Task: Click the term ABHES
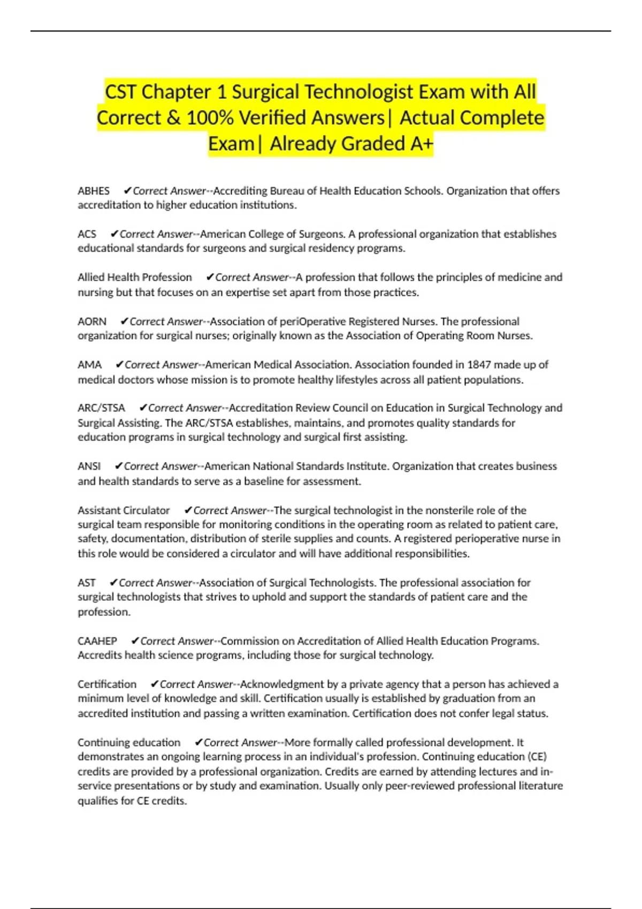[94, 191]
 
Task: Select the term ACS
[87, 234]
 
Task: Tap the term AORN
[92, 321]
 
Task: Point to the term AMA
[89, 365]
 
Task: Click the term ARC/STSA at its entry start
[101, 408]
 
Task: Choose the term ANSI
[89, 466]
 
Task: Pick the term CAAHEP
[97, 641]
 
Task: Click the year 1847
[479, 365]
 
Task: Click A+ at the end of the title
[422, 144]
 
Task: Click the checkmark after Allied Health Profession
[210, 277]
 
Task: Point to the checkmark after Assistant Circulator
[188, 510]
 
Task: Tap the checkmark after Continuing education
[198, 742]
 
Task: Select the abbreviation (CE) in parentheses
[537, 757]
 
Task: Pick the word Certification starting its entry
[107, 684]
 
